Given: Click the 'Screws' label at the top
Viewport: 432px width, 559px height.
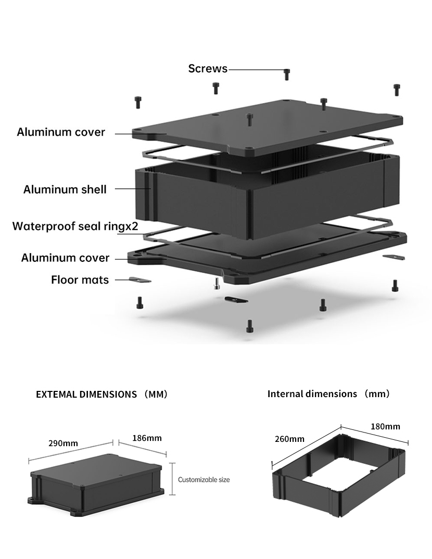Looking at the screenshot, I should point(208,69).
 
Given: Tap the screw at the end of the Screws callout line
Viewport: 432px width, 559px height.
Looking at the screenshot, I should point(287,74).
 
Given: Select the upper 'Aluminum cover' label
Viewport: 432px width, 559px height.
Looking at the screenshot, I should point(61,132).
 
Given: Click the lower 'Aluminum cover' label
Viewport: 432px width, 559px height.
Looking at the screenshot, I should point(65,258).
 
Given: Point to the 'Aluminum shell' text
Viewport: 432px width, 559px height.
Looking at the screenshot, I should point(65,189).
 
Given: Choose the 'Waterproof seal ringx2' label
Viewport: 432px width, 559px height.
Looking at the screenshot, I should point(75,226).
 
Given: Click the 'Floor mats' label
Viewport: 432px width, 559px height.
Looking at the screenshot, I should point(80,280).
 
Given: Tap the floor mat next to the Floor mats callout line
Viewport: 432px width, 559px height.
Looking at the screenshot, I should point(140,280).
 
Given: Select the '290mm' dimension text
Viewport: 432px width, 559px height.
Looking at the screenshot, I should point(63,443).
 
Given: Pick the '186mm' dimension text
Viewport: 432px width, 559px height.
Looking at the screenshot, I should point(147,438).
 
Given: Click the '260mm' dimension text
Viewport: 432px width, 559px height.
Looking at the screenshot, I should point(289,439).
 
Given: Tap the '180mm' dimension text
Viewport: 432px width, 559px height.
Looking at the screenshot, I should point(385,426).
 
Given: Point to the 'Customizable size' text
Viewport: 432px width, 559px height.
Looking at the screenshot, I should point(204,479).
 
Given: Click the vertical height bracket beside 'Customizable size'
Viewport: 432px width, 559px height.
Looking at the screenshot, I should point(172,478).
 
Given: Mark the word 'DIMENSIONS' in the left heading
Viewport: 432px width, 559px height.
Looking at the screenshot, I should point(108,394).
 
